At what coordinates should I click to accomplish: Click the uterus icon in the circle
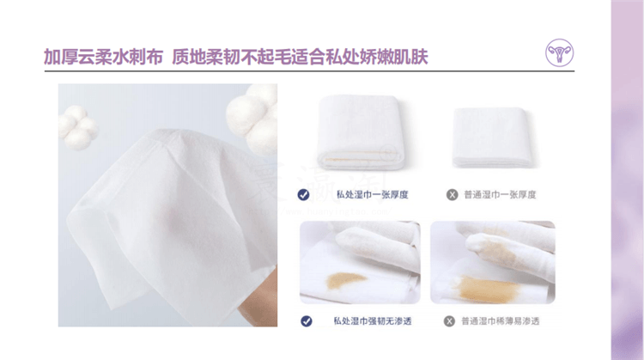point(559,52)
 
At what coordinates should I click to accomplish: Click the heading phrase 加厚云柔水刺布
point(103,57)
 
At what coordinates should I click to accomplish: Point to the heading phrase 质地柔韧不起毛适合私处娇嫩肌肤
point(300,57)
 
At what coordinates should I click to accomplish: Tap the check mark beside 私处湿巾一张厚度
point(303,195)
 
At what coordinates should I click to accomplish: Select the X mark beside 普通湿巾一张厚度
point(453,195)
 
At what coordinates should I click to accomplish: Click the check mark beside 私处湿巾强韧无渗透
point(307,321)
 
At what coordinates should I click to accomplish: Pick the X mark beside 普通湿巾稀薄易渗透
point(449,321)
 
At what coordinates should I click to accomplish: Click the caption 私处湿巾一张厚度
point(373,195)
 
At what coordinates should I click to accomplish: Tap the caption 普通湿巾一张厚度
point(501,195)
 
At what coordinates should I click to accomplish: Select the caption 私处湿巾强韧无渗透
point(373,321)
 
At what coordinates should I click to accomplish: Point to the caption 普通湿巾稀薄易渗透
point(501,321)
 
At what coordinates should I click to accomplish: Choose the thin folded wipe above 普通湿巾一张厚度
point(493,137)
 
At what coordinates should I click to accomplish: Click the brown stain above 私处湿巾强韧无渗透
point(345,281)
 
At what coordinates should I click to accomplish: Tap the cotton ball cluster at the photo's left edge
point(78,127)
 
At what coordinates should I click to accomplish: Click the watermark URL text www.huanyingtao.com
point(320,211)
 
